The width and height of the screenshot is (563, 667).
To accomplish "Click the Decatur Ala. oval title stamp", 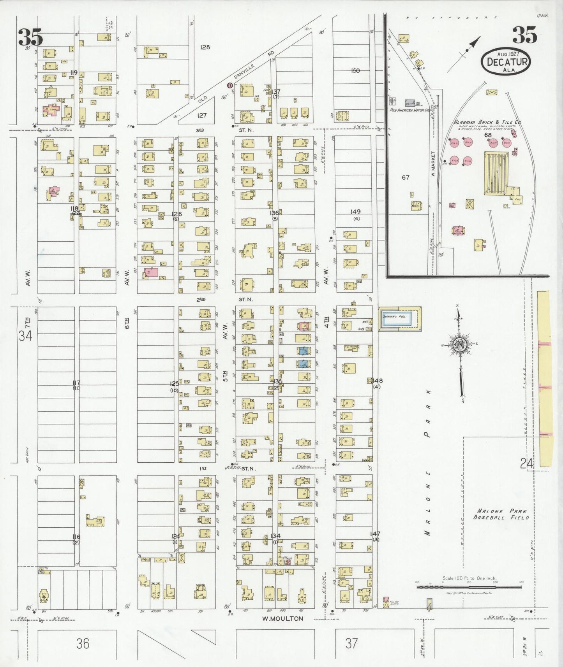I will coord(505,61).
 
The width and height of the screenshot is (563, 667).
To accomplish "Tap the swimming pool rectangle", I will coord(400,319).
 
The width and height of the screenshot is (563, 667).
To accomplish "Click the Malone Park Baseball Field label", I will coord(501,514).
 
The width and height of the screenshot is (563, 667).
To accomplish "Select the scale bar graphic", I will coord(469,586).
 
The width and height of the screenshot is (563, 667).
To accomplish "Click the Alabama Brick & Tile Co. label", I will coord(487,122).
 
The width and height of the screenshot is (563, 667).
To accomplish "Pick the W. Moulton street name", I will coord(282,619).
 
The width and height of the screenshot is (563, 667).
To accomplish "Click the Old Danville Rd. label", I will coord(237,79).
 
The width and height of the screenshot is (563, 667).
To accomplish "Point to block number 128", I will coord(205,47).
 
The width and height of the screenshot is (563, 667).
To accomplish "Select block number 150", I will coord(355,70).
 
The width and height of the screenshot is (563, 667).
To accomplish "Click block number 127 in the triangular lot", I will coord(201,115).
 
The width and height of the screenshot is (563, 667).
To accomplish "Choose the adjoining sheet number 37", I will coord(351,643).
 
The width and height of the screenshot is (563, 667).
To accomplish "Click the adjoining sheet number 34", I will coord(25,335).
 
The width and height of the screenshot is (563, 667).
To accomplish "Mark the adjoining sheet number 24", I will coord(527,463).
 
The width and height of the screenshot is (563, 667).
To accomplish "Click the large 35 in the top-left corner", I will coord(30,37).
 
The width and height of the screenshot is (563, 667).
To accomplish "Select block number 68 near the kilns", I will coord(488,135).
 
